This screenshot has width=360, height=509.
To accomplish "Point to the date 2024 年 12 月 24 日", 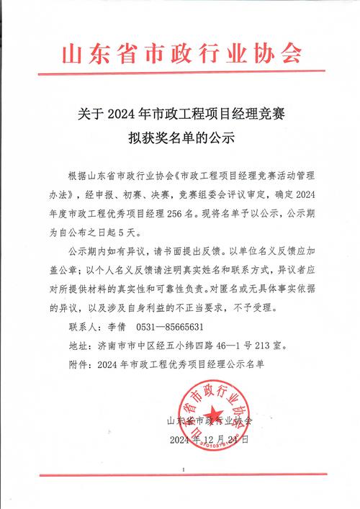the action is [210, 438].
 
